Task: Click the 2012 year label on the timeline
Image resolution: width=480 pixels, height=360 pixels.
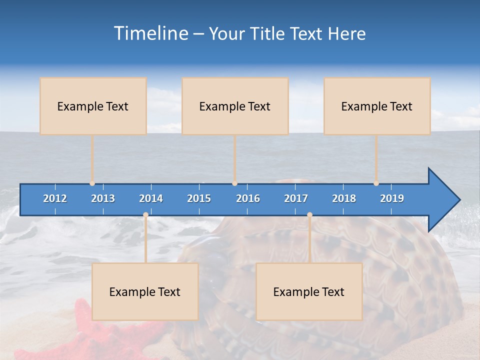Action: point(55,198)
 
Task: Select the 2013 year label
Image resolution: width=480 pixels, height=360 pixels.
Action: point(103,198)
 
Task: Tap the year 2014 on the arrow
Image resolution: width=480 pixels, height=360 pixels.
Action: point(151,198)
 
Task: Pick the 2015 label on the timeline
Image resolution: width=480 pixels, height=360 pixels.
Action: point(199,198)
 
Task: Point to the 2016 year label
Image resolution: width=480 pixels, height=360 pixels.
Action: point(248,198)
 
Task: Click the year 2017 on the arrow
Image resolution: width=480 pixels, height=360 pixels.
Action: point(296,198)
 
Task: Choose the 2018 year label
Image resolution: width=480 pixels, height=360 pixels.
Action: point(344,198)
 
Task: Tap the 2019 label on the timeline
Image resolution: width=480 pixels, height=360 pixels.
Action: point(392,198)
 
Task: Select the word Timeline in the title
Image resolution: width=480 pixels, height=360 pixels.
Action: point(150,33)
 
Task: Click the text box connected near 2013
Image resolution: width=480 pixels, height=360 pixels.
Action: point(93,106)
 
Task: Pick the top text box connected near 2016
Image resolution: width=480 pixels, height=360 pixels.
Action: point(235,106)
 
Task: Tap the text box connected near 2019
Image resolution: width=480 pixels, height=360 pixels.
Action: point(377,106)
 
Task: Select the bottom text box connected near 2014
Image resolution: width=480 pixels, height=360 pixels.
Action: point(145,291)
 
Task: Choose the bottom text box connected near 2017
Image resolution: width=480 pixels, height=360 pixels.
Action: point(309,291)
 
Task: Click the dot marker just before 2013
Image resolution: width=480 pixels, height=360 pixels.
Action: point(92,183)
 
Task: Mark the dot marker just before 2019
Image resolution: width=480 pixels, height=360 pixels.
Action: point(376,183)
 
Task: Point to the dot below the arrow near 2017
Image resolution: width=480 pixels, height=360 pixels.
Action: point(309,214)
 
